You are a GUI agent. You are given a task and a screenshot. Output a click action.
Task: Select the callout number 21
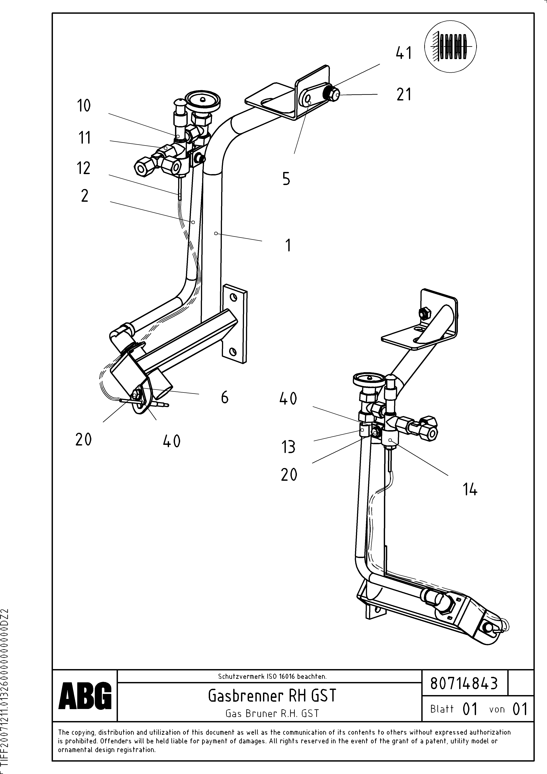[404, 94]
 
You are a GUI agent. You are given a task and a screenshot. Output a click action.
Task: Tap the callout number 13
[288, 447]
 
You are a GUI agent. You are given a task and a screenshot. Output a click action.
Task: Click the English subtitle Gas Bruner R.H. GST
[272, 713]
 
